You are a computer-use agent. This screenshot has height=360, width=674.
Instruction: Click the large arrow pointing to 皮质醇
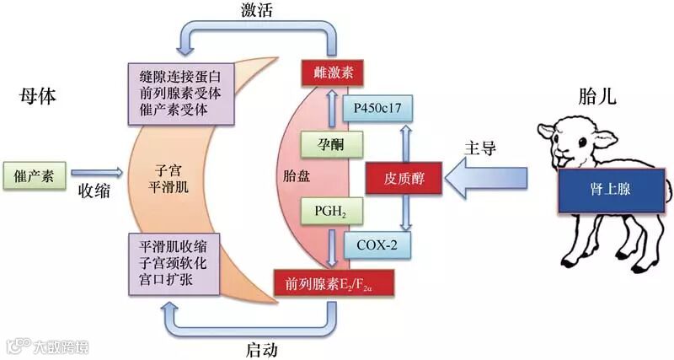pos(489,178)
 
